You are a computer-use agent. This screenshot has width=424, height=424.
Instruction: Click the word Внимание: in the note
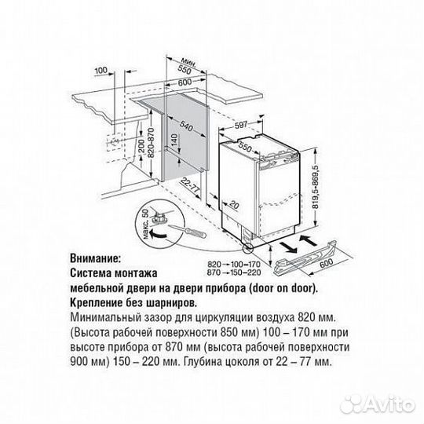click(x=96, y=257)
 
